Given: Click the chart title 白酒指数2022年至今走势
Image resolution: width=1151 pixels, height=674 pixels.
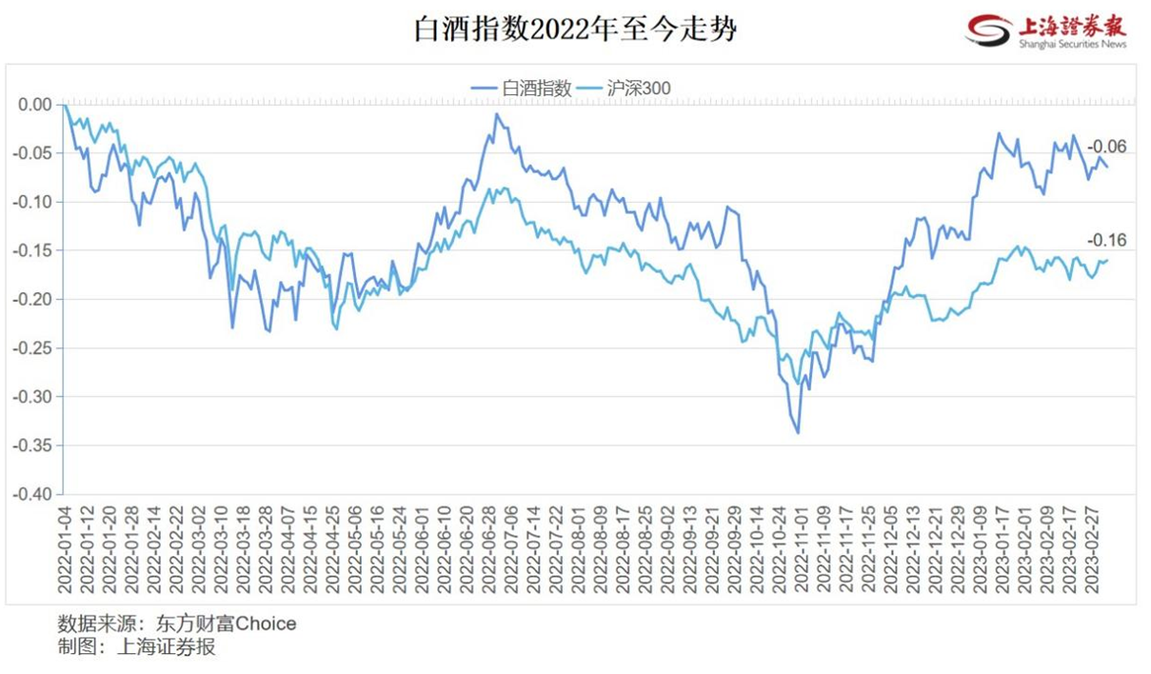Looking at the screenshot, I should (575, 30).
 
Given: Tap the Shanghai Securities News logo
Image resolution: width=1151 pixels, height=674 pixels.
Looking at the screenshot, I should (1046, 30).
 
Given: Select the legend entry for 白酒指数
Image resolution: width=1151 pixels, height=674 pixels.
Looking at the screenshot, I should (522, 88).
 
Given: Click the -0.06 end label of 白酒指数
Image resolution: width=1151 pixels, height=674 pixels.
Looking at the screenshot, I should (1106, 147).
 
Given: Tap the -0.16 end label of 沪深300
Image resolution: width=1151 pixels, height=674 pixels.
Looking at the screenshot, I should (1106, 240).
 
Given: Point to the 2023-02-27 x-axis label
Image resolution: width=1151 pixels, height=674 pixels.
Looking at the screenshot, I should (1094, 548).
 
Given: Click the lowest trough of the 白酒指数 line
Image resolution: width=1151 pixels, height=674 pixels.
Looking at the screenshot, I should (798, 433).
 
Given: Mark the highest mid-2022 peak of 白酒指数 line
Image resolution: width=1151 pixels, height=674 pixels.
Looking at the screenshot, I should (497, 114).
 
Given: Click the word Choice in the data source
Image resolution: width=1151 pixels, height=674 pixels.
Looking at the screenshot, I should (266, 624).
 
